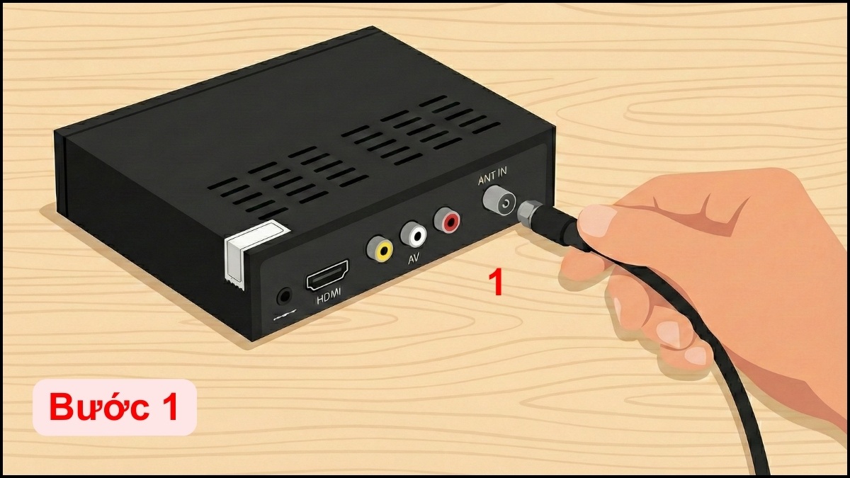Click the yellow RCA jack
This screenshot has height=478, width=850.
click(x=380, y=249)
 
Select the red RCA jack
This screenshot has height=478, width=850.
click(x=448, y=220)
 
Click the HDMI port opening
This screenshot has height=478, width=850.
click(x=327, y=275)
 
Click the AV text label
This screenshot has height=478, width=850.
click(x=413, y=258)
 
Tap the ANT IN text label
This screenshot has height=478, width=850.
click(x=492, y=176)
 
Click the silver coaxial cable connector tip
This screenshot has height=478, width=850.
click(x=528, y=213)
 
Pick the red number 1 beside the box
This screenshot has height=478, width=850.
click(x=497, y=283)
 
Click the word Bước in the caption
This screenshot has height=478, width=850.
click(x=99, y=407)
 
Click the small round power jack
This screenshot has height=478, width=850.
click(x=285, y=296)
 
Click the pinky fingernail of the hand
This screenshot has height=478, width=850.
click(x=696, y=355)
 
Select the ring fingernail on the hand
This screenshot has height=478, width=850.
click(x=667, y=332)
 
